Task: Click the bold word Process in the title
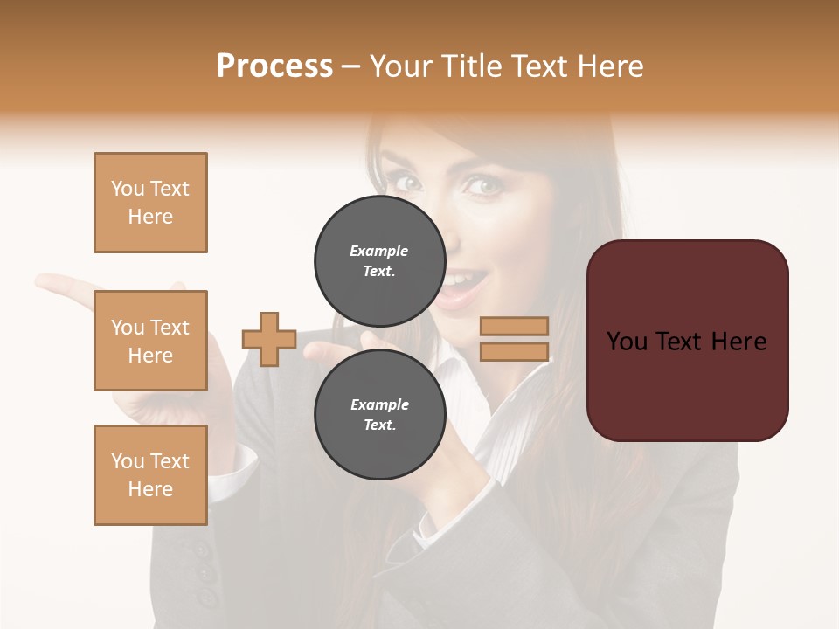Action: (274, 66)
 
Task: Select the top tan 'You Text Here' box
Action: (150, 203)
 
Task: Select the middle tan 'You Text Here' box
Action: (150, 341)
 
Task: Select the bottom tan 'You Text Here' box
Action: (150, 475)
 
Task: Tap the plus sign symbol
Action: (269, 339)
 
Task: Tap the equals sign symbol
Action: (514, 339)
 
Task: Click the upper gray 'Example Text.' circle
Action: (379, 261)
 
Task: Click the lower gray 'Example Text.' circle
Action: (379, 415)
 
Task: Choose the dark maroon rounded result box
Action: (687, 341)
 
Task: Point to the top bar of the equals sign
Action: (514, 326)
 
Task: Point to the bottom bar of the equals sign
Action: (514, 352)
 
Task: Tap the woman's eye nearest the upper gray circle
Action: (407, 183)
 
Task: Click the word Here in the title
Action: (608, 66)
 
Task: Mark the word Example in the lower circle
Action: (379, 404)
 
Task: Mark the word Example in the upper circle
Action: (379, 251)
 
